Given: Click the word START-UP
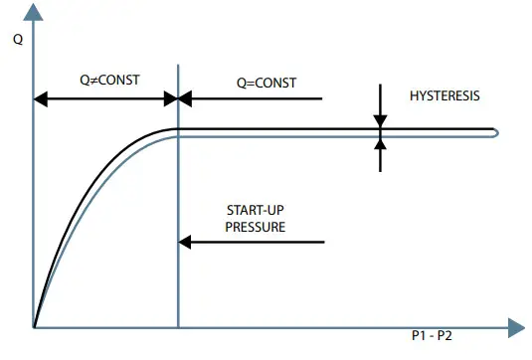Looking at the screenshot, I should pyautogui.click(x=256, y=210).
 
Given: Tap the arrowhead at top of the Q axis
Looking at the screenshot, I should pyautogui.click(x=34, y=11).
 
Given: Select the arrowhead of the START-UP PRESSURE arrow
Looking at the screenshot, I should pyautogui.click(x=186, y=240).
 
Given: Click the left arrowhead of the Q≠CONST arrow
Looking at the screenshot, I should pyautogui.click(x=42, y=98).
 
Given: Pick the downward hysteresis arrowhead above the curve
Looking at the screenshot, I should pyautogui.click(x=380, y=120).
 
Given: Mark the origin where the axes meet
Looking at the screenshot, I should pyautogui.click(x=34, y=326).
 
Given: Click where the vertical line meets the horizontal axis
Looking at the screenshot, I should pyautogui.click(x=178, y=326).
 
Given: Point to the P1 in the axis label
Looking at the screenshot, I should pyautogui.click(x=421, y=336).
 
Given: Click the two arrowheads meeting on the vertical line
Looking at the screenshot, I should pyautogui.click(x=178, y=98).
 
